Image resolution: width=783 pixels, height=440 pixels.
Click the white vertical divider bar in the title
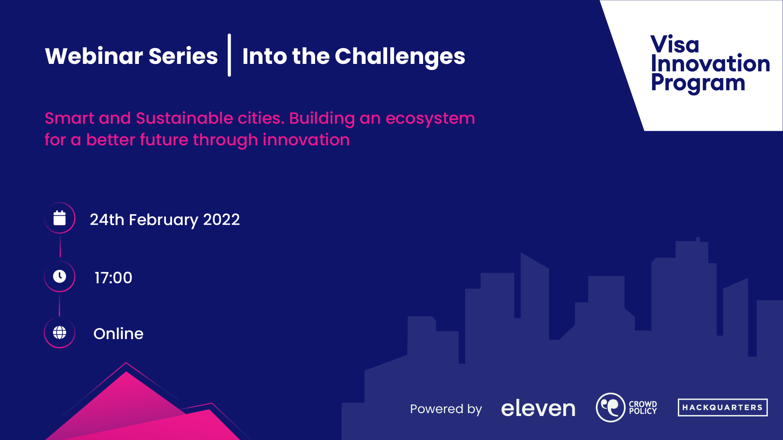coord(229,55)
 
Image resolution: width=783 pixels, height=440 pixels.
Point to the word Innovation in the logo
coord(710,63)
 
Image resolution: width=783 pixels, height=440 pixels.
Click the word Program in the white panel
coord(698,83)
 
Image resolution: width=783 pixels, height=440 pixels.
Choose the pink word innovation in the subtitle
coord(306,140)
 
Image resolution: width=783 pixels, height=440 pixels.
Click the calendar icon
coord(60,218)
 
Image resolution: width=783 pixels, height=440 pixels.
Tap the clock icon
coord(60,276)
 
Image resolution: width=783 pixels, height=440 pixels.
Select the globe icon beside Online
coord(60,333)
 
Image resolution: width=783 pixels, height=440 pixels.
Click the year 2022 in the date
coord(221,219)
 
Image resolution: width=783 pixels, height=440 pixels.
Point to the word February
coord(163,220)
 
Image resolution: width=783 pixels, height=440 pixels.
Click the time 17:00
coord(113,278)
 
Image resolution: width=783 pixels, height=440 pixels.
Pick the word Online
coord(118,334)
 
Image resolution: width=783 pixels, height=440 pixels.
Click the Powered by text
coord(446,409)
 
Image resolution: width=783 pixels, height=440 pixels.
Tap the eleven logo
coord(538,408)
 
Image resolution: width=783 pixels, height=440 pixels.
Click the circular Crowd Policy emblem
coord(611,407)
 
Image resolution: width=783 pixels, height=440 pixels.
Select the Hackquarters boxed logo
coord(723,407)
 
